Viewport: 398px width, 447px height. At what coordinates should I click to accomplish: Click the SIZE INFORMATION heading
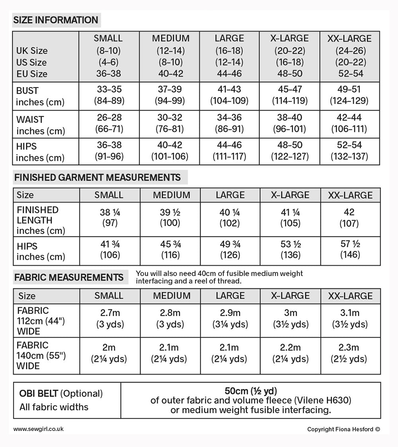tap(56, 20)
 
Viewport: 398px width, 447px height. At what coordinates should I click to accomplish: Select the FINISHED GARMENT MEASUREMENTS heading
tap(98, 177)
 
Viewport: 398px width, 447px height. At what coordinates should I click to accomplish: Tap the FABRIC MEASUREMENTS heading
tap(68, 277)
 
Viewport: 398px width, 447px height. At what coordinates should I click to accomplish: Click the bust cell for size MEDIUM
tap(171, 95)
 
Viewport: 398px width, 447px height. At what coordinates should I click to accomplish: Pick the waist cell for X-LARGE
tap(289, 123)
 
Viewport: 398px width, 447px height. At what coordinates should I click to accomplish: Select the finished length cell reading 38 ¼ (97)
tap(110, 218)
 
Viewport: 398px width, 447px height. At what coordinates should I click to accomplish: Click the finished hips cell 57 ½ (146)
tap(350, 250)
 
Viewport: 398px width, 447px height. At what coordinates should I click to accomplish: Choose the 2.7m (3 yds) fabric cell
tap(110, 319)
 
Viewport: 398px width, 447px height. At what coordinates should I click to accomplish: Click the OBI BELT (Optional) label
tap(61, 394)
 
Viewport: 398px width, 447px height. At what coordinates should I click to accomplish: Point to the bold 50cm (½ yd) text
tap(251, 391)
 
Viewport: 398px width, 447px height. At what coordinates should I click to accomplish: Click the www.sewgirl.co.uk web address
tap(38, 429)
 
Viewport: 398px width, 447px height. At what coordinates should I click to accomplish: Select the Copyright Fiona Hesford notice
tap(343, 429)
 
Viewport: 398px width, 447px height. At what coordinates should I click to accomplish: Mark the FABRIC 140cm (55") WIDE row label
tap(41, 356)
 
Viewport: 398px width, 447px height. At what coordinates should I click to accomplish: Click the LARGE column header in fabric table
tap(230, 296)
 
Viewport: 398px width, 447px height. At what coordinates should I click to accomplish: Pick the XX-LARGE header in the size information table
tap(349, 39)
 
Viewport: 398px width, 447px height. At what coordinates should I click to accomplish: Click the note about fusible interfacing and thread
tap(219, 277)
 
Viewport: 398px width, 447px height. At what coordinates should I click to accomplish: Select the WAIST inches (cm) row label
tap(40, 125)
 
